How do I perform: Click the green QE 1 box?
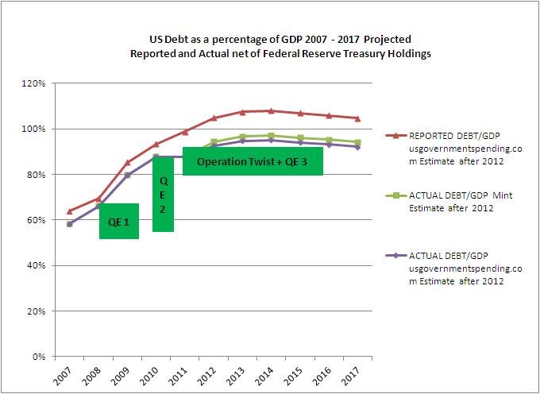point(119,222)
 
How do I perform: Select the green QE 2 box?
point(164,193)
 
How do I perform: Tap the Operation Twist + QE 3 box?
point(253,161)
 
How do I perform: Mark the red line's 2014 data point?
point(272,111)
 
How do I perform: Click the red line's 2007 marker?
point(70,211)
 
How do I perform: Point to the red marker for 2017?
point(358,118)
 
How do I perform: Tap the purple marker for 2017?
point(358,147)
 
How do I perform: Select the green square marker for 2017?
point(358,142)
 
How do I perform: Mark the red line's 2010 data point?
point(156,144)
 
